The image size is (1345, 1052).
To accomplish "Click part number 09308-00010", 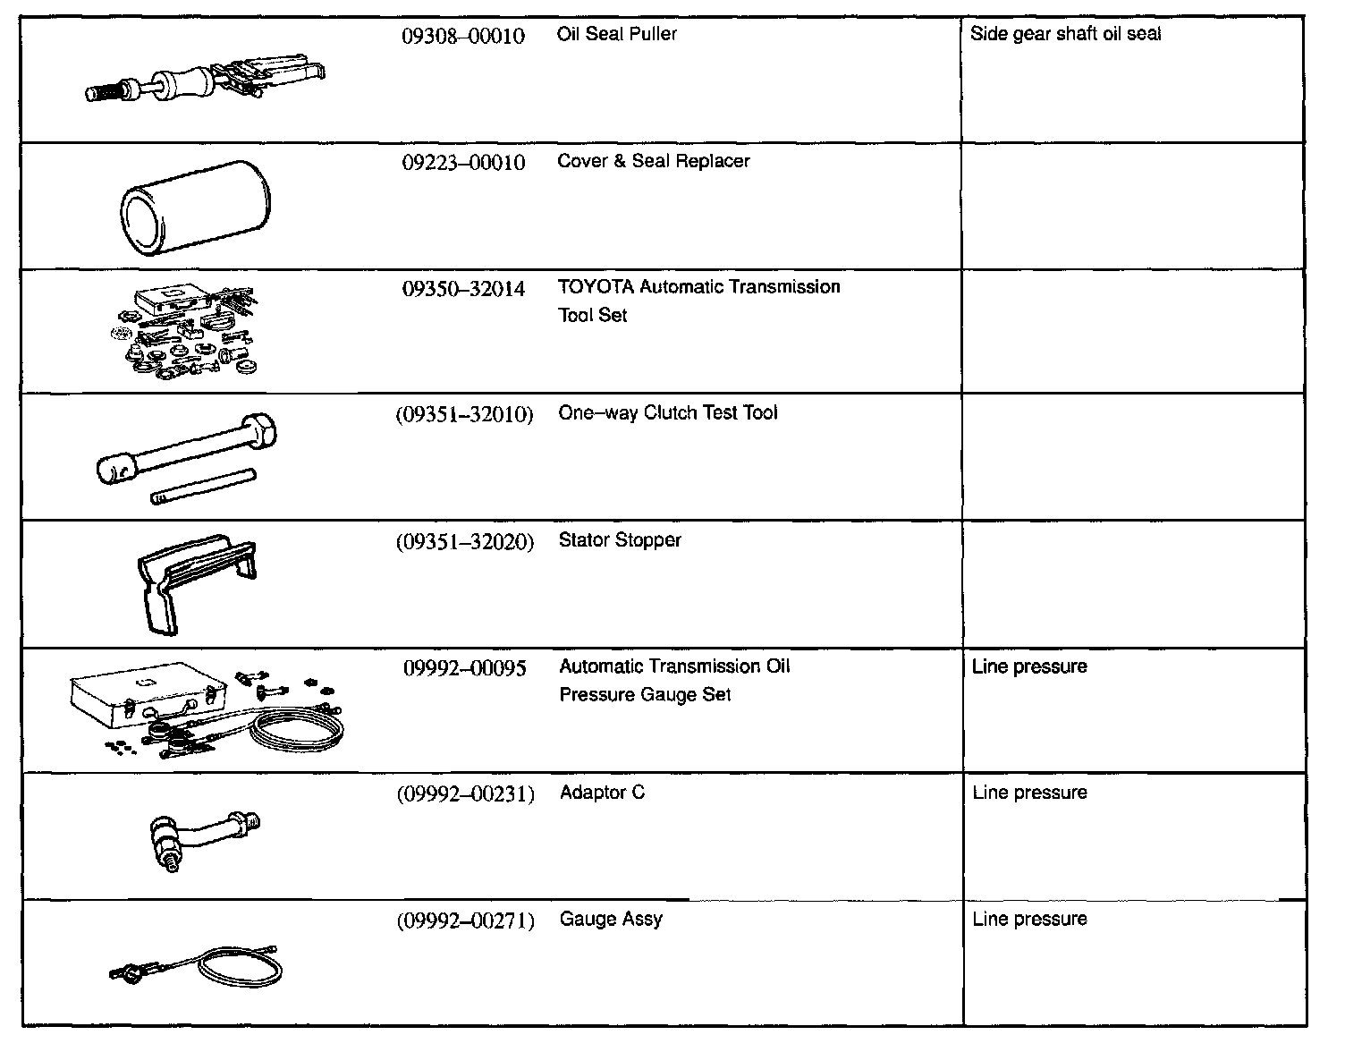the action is click(463, 37).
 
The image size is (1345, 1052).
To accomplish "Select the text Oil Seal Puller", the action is click(616, 34).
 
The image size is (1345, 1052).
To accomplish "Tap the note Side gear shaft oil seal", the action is click(1065, 34).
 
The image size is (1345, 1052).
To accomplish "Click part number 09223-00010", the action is click(463, 163).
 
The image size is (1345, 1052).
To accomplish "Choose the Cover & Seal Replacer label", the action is click(653, 161).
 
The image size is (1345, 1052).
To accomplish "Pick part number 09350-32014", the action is click(463, 289).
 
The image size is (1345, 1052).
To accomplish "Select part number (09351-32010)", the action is click(464, 414).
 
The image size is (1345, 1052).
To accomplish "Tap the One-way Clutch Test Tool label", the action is click(668, 412).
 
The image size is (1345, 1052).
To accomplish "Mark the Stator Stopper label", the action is click(620, 539).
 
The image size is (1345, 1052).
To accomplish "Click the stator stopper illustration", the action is click(196, 581).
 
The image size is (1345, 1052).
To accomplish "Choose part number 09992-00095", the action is click(464, 668).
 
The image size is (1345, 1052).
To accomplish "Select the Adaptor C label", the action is click(602, 793).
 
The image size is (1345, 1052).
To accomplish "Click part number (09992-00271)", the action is click(465, 920).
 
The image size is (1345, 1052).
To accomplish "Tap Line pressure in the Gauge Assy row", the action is click(1029, 919).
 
